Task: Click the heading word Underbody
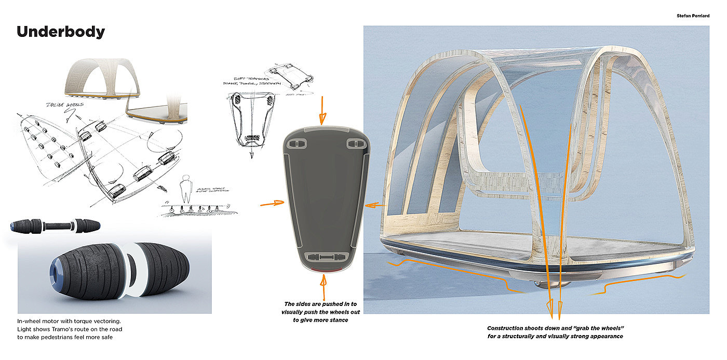61,32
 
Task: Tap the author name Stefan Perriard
692,8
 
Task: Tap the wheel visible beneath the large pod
540,283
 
